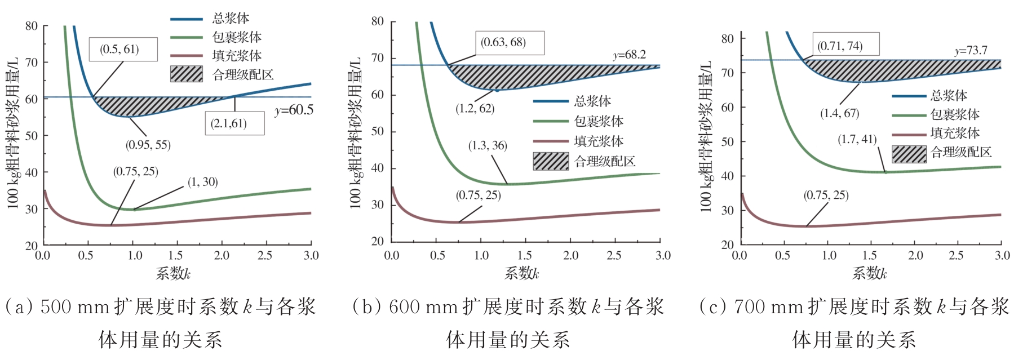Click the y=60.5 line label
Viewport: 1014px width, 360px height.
(294, 110)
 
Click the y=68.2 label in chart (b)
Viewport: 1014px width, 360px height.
(629, 55)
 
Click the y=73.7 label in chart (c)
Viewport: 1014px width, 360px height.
(971, 51)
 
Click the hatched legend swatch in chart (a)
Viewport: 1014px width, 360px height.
(187, 74)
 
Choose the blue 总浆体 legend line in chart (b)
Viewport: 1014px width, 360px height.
(550, 101)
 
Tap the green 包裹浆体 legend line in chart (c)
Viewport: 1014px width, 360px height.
(909, 115)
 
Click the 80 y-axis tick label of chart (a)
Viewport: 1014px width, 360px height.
(32, 26)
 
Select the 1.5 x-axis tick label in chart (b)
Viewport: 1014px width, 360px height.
(525, 255)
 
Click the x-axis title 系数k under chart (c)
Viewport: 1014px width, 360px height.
(869, 274)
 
